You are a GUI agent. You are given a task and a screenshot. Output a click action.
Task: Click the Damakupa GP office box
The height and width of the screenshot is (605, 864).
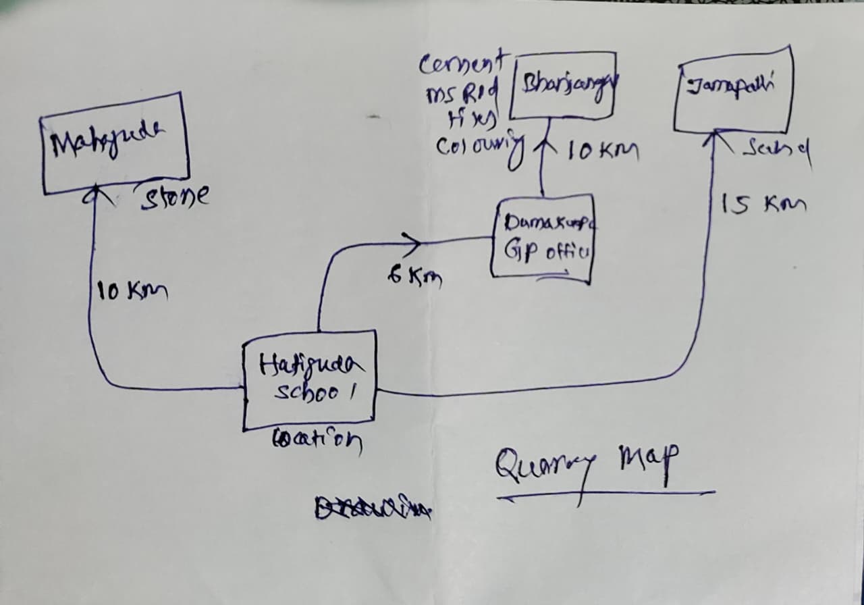click(x=543, y=238)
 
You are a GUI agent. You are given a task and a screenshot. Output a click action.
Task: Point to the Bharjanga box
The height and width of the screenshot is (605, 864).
click(x=564, y=85)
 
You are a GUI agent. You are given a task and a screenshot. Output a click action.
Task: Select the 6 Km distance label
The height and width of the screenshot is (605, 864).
click(x=414, y=277)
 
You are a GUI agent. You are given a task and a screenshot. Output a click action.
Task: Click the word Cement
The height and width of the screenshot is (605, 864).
click(x=460, y=65)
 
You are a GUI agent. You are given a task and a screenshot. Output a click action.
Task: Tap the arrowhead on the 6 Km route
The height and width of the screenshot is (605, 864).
click(x=410, y=240)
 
